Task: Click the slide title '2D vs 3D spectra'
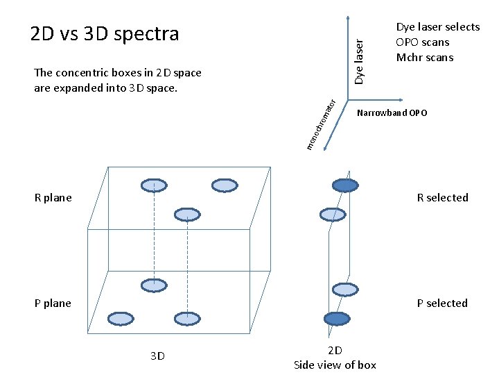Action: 105,33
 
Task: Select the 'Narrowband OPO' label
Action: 392,112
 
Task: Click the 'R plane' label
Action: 53,198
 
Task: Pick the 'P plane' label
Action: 53,303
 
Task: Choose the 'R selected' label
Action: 442,198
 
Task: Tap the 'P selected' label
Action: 442,303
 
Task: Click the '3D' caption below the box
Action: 157,356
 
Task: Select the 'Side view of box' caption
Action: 335,365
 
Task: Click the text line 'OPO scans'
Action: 422,42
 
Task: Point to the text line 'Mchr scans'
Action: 425,58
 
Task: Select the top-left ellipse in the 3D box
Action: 154,185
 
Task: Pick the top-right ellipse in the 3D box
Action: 225,185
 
